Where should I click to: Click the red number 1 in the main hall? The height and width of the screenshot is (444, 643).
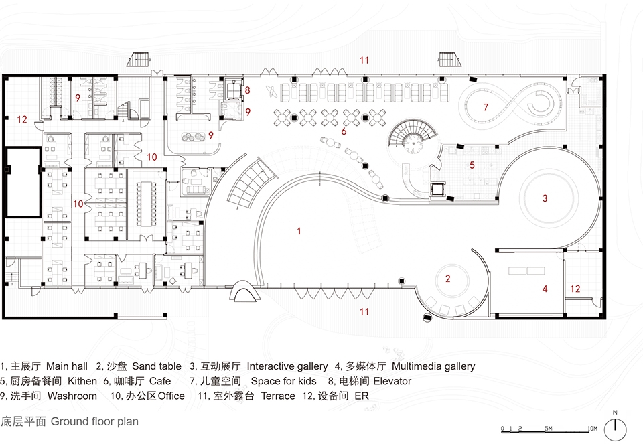coord(299,231)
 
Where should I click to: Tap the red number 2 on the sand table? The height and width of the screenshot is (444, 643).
coord(448,279)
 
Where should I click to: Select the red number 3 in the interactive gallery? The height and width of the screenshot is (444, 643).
coord(545,198)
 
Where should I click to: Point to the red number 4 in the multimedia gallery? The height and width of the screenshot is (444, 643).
coord(545,289)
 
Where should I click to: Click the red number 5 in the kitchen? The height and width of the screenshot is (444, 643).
coord(472,165)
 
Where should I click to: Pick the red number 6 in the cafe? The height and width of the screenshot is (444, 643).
coord(344,131)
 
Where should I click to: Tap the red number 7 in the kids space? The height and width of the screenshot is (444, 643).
coord(486,107)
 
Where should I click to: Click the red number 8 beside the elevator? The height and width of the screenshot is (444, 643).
coord(247,90)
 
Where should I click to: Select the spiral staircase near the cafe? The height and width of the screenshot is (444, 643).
coord(411,138)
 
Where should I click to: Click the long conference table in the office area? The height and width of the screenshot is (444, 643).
coord(146,204)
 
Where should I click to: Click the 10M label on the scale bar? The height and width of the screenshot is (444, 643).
coord(592,429)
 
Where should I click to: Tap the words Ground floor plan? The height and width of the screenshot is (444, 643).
coord(94,421)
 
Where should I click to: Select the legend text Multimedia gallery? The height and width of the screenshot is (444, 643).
coord(433,366)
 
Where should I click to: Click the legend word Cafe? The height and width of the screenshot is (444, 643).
coord(160,381)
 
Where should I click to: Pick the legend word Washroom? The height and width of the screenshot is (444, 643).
coord(72,396)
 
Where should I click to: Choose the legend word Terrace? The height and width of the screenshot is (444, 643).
coord(278,396)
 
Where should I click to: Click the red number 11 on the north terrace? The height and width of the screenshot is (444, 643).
coord(364,60)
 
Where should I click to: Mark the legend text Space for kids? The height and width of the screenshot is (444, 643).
coord(284,381)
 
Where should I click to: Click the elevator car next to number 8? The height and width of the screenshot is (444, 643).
coord(233,91)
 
